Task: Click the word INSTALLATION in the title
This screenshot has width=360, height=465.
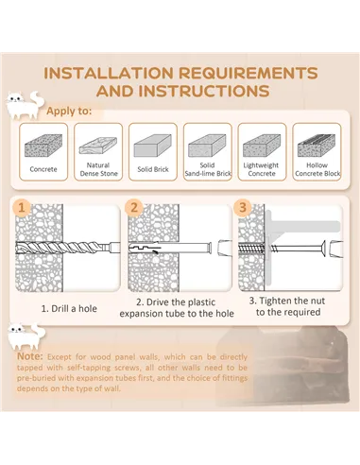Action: (x=109, y=73)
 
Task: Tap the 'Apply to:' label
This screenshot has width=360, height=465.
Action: (x=69, y=112)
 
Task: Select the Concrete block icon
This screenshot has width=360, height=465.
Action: (x=43, y=146)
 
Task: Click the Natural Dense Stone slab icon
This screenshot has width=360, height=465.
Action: (x=98, y=146)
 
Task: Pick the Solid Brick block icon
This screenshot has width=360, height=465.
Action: (x=153, y=146)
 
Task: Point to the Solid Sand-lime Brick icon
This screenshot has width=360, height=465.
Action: (x=207, y=146)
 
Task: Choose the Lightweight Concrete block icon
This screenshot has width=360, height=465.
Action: (x=262, y=146)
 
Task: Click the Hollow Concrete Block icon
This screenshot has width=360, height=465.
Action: (x=317, y=146)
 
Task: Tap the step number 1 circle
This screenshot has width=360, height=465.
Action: (x=22, y=208)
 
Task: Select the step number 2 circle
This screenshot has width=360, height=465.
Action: (x=134, y=208)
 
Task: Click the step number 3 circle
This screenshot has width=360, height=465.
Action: (x=243, y=208)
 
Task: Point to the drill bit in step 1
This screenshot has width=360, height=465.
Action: (x=68, y=248)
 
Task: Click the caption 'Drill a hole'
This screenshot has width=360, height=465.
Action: (x=69, y=309)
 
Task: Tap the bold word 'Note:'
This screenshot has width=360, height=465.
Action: (x=30, y=356)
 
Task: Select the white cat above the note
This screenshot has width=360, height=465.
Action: (x=26, y=336)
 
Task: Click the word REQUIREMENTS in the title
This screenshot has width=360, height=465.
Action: (x=249, y=73)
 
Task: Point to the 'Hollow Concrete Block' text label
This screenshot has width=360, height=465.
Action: (x=317, y=169)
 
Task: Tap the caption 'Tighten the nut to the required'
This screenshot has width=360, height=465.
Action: (x=287, y=306)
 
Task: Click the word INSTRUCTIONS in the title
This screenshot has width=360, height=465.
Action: (x=204, y=91)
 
